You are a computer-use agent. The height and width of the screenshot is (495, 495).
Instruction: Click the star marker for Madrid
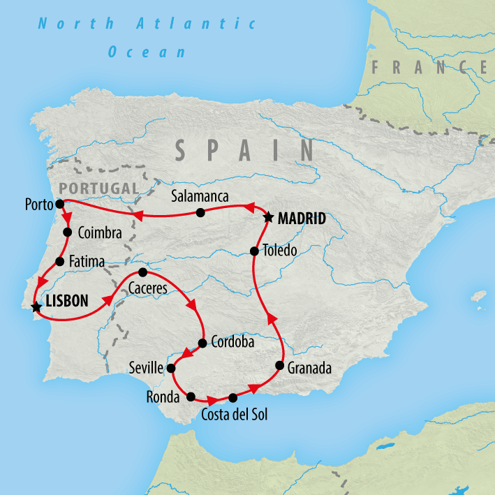[268, 218]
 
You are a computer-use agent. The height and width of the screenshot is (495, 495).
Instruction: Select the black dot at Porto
[59, 203]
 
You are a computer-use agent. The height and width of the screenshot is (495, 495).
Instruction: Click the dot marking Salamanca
[200, 212]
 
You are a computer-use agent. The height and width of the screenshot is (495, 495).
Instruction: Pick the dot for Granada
[280, 366]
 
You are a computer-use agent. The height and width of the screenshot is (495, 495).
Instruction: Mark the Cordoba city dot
[202, 343]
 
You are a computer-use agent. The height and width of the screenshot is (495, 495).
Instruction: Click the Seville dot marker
[170, 367]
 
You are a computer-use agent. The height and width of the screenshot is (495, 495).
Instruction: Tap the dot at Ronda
[191, 397]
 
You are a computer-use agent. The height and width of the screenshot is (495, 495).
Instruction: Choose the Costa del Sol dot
[232, 399]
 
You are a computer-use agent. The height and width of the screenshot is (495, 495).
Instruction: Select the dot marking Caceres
[142, 272]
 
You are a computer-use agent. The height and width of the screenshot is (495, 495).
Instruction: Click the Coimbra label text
[101, 232]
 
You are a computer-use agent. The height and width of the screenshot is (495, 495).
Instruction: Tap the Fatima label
[87, 262]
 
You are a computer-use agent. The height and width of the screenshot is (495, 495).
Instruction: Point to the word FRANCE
[429, 68]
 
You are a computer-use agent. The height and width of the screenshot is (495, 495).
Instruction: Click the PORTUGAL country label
[99, 188]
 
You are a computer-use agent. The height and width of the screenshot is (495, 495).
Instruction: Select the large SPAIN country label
[244, 150]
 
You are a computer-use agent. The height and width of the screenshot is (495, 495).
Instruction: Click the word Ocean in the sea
[147, 52]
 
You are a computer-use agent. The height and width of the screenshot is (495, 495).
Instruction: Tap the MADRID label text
[302, 219]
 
